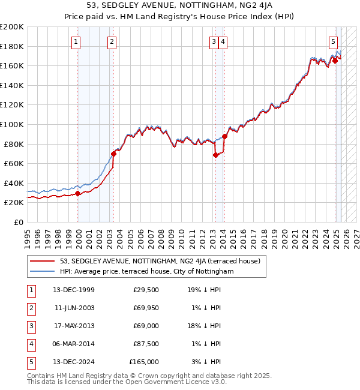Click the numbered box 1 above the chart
click(x=77, y=41)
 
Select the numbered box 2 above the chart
click(x=112, y=41)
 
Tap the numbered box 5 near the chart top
click(x=333, y=41)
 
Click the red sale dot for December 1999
click(x=78, y=193)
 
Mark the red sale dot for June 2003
click(x=113, y=154)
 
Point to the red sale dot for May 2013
click(x=215, y=155)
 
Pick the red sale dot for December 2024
click(x=335, y=61)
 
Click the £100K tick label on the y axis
click(x=11, y=124)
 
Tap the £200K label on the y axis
click(x=11, y=27)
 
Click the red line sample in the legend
click(x=42, y=261)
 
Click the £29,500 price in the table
click(x=146, y=290)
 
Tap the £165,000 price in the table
click(x=145, y=362)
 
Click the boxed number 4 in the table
click(x=31, y=344)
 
